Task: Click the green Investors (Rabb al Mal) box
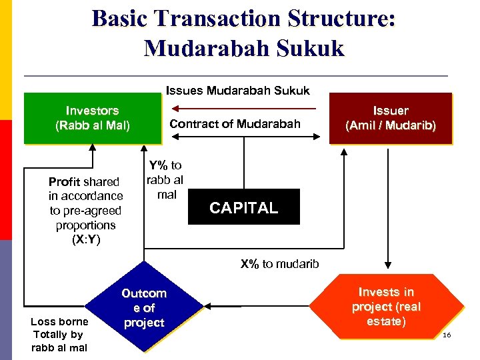pos(92,118)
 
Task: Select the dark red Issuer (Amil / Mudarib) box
pos(390,118)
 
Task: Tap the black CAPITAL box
pos(243,207)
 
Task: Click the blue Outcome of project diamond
pos(144,308)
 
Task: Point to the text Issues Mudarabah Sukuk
pos(237,90)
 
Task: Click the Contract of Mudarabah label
pos(235,123)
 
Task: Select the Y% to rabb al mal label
pos(165,180)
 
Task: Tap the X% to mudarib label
pos(279,264)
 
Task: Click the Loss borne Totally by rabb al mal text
pos(59,335)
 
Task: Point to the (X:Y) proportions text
pos(85,240)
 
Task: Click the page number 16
pos(446,334)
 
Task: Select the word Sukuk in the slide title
pos(311,48)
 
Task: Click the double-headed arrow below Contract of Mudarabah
pos(247,136)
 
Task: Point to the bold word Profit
pos(65,181)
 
